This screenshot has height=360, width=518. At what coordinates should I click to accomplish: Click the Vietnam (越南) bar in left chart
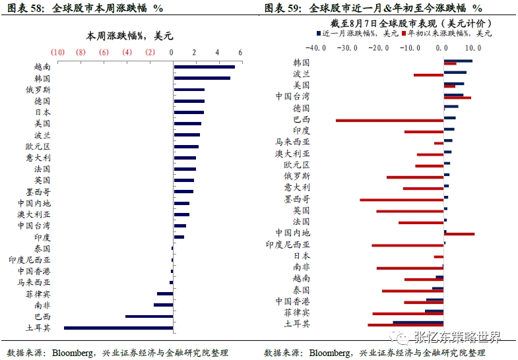point(204,67)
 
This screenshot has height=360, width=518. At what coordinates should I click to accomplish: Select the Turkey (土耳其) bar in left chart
point(118,328)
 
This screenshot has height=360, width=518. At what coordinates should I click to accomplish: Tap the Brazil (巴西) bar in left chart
point(149,316)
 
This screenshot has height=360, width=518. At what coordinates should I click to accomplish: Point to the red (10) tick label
point(57,52)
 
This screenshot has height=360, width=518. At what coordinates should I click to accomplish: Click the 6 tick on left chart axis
point(240,52)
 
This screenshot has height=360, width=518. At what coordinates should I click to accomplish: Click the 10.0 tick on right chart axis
point(472,47)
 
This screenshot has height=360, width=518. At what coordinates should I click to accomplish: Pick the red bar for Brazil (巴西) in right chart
point(389,120)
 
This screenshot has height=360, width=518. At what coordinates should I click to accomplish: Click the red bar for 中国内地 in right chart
point(459,233)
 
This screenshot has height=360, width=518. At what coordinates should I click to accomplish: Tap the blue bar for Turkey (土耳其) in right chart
point(418,322)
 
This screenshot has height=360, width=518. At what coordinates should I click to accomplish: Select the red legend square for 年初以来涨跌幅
point(403,32)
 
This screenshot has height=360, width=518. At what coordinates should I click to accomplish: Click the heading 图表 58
point(25,8)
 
